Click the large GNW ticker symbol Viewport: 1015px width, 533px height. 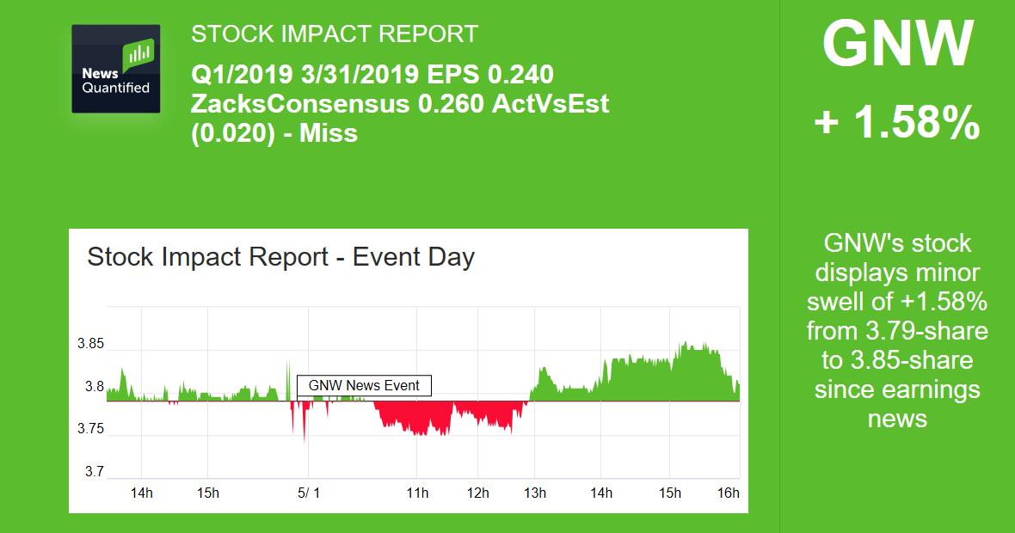[897, 45]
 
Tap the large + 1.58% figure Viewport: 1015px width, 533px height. [897, 123]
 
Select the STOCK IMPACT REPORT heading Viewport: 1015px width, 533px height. [334, 34]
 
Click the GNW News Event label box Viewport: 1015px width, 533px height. [364, 386]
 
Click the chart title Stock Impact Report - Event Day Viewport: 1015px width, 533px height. [280, 257]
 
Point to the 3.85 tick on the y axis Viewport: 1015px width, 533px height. [89, 345]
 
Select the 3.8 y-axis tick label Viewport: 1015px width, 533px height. [93, 387]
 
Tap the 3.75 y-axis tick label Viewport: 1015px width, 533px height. [89, 429]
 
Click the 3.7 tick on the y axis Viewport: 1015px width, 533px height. [93, 471]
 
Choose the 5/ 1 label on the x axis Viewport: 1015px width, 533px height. [308, 493]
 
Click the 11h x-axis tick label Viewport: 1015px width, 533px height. [417, 493]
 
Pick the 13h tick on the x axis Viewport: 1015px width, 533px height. [535, 493]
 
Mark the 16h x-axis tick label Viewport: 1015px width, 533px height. [728, 493]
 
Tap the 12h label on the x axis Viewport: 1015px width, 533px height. [478, 493]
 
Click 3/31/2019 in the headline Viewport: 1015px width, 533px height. [355, 75]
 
